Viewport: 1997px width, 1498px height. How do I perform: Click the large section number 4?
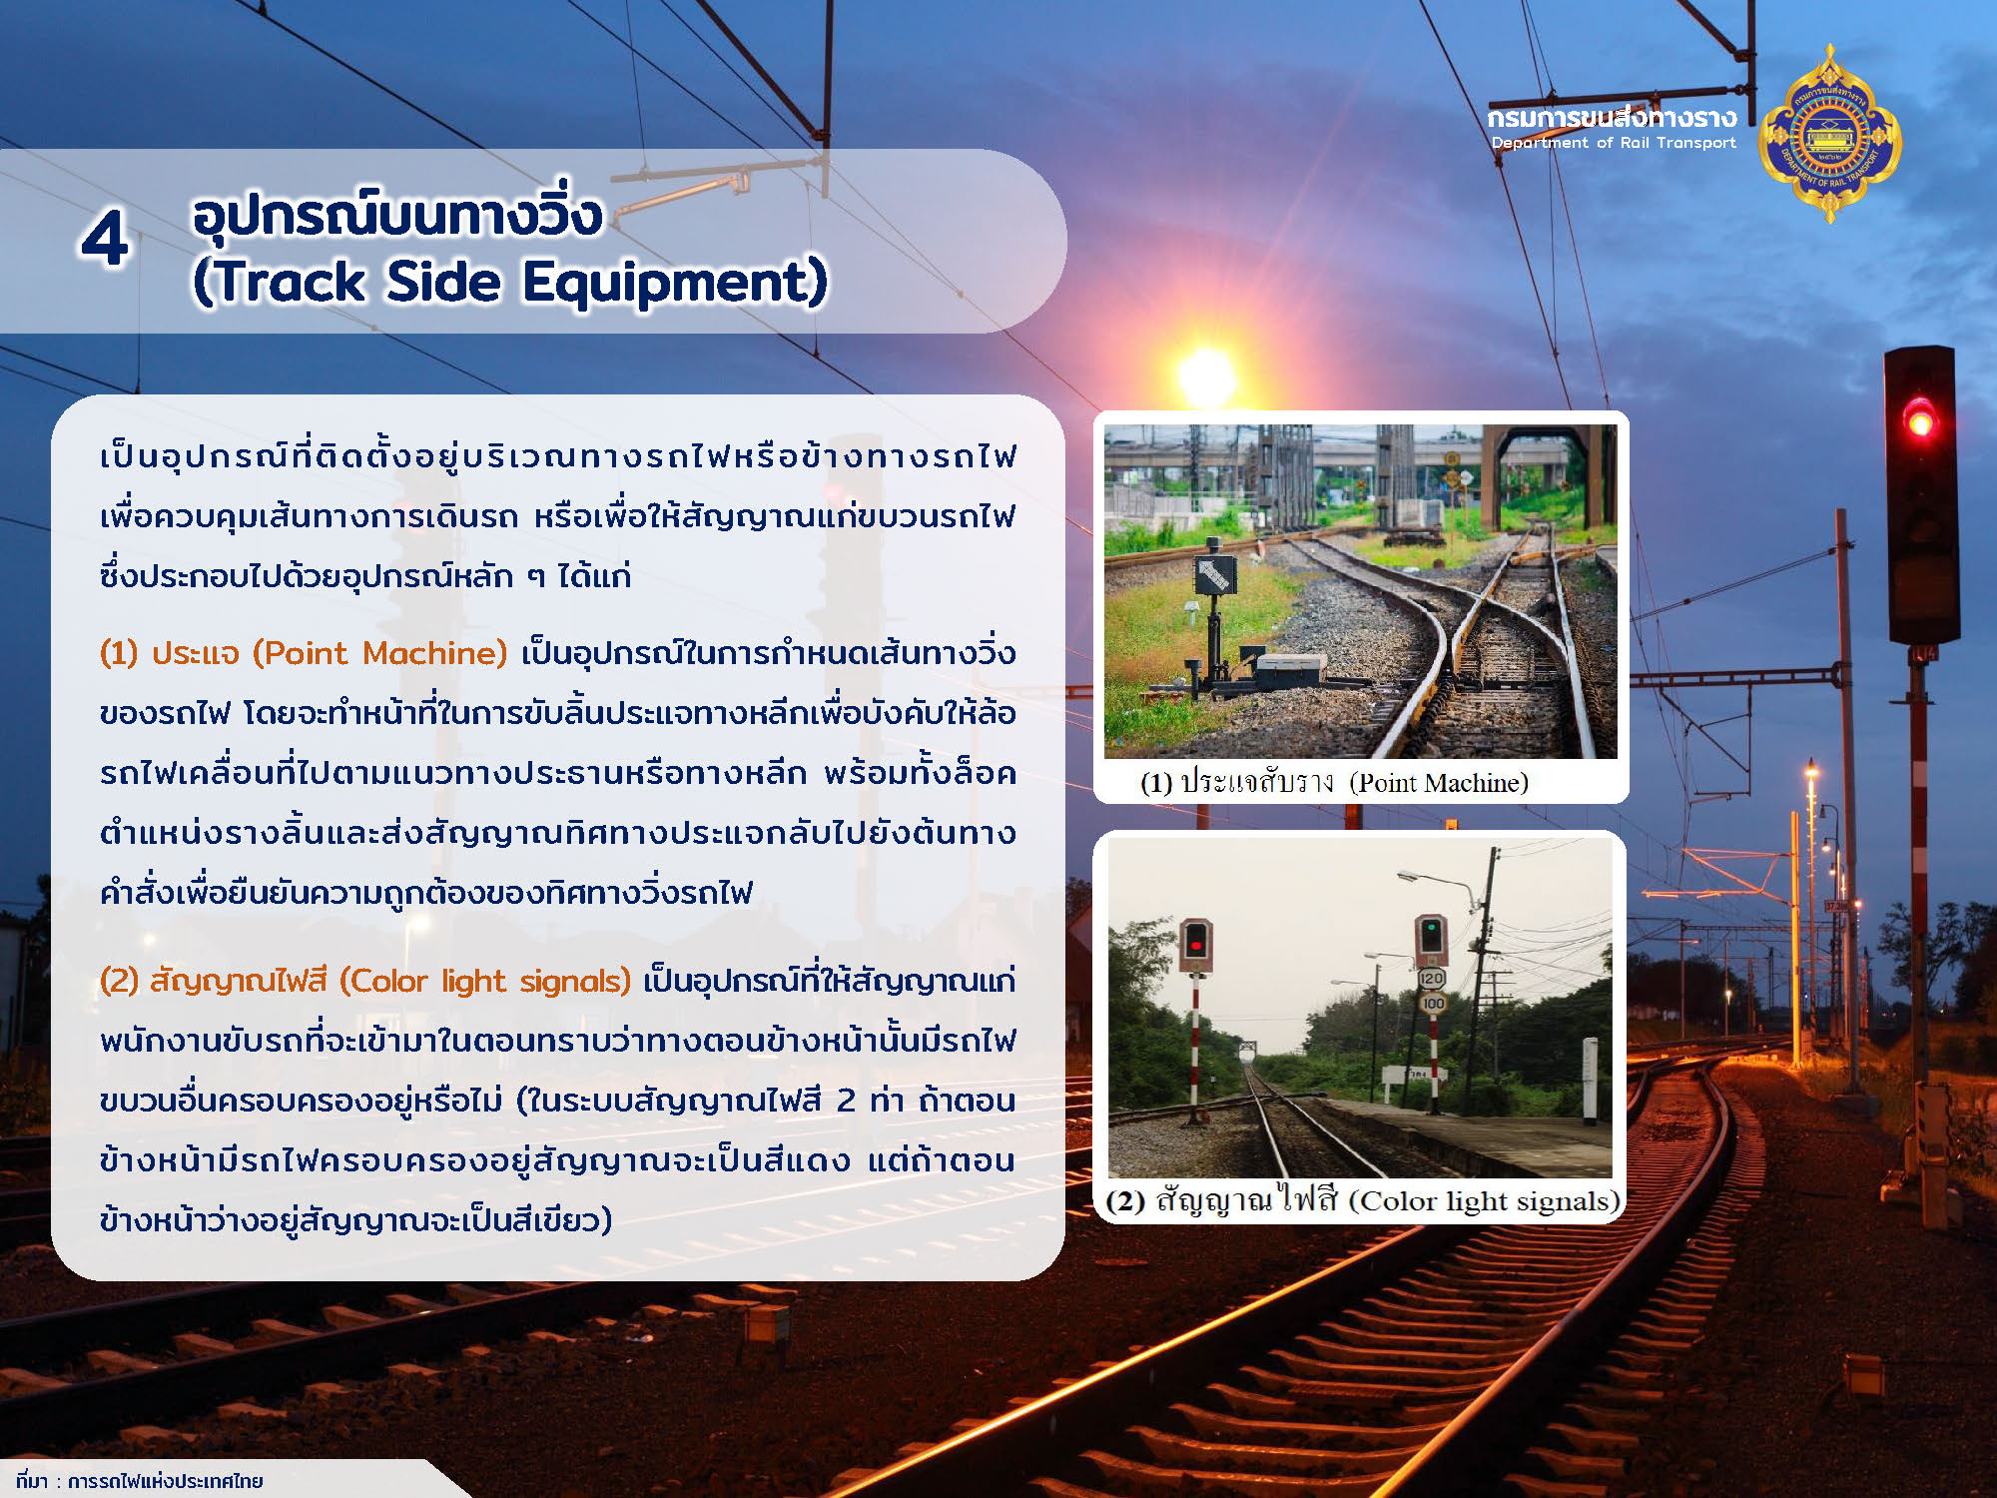[x=105, y=240]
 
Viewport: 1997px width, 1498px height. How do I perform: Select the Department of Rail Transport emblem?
[x=1829, y=133]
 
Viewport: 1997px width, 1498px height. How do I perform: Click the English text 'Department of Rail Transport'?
[x=1614, y=143]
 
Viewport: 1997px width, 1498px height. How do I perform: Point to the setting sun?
[x=1206, y=375]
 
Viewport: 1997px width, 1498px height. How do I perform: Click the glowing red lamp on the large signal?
[x=1919, y=419]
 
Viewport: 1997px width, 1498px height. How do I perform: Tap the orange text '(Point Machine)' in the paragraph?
[x=380, y=653]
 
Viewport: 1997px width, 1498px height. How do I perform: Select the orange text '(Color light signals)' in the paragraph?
[x=485, y=981]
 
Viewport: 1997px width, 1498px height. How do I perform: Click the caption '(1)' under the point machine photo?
[x=1156, y=783]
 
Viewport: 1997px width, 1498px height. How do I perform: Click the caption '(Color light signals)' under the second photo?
[x=1484, y=1200]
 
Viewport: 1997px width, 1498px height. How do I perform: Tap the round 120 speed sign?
[x=1432, y=979]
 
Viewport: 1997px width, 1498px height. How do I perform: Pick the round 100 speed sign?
[x=1433, y=1003]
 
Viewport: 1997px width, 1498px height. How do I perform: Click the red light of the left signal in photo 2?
[x=1195, y=944]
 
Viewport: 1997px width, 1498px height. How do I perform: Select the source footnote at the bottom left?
[x=139, y=1480]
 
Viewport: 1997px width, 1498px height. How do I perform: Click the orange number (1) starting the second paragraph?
[x=119, y=653]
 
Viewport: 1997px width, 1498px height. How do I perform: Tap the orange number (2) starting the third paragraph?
[x=119, y=981]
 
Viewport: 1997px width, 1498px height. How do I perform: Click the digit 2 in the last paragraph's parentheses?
[x=846, y=1101]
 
